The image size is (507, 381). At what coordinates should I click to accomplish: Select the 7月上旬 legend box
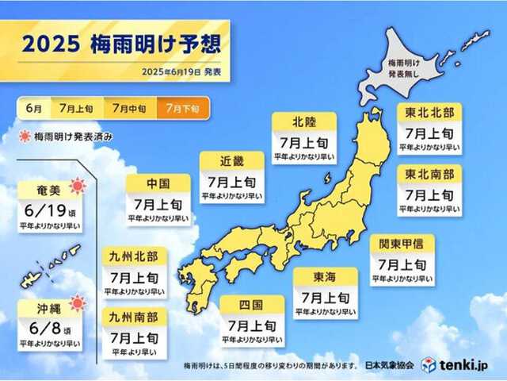pyautogui.click(x=76, y=107)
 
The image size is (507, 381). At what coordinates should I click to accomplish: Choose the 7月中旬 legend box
pyautogui.click(x=129, y=107)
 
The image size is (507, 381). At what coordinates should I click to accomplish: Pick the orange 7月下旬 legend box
pyautogui.click(x=182, y=107)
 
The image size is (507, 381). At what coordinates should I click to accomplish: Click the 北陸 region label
pyautogui.click(x=303, y=122)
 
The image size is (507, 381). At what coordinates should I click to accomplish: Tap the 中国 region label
pyautogui.click(x=158, y=183)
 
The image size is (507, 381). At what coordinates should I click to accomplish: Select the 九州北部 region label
pyautogui.click(x=133, y=256)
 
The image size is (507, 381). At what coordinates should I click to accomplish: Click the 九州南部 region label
pyautogui.click(x=133, y=317)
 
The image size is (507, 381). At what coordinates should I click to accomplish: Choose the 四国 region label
pyautogui.click(x=251, y=305)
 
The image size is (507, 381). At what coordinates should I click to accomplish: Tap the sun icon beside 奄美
pyautogui.click(x=78, y=187)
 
